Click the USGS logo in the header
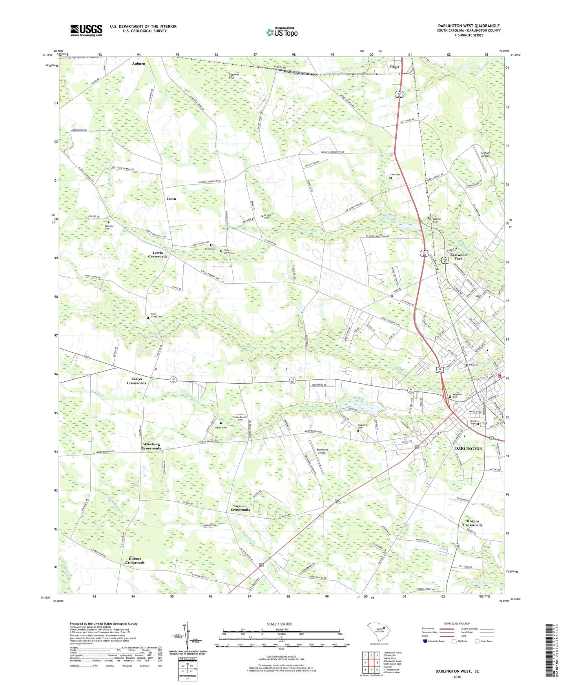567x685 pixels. [86, 30]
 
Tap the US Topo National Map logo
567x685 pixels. [282, 32]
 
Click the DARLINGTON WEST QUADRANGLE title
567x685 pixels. [469, 26]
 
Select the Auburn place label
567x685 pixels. [139, 63]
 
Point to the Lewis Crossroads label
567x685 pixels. [158, 255]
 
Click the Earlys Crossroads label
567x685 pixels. [137, 381]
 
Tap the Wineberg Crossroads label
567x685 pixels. [151, 446]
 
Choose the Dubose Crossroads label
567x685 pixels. [135, 561]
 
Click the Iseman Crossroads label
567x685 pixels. [240, 508]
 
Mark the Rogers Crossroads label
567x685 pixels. [472, 523]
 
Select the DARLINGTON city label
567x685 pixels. [469, 448]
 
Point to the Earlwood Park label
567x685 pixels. [458, 257]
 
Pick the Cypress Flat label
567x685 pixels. [234, 76]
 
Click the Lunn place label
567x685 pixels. [171, 199]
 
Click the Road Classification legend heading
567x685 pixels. [457, 623]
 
